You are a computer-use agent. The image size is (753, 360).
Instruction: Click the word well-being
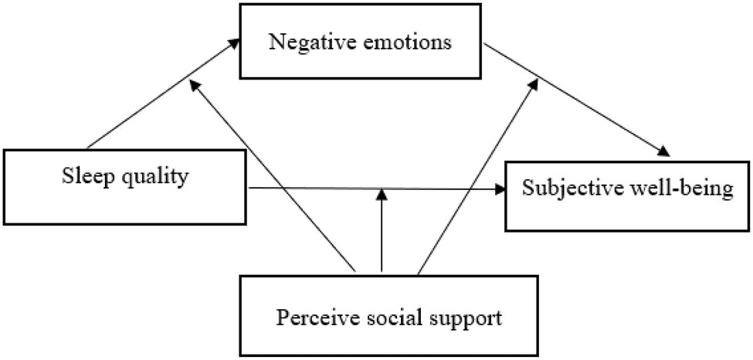[x=673, y=189]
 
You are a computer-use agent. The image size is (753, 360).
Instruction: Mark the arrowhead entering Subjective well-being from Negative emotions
[x=662, y=151]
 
